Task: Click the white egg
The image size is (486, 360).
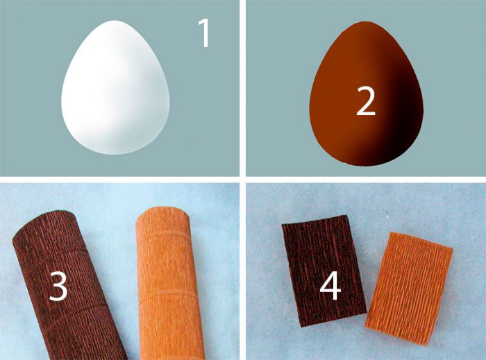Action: click(x=115, y=87)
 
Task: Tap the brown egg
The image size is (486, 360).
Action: click(x=367, y=94)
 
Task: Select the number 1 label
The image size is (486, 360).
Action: click(x=205, y=33)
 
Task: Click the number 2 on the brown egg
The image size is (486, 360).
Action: click(x=366, y=101)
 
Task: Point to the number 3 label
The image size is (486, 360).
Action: click(x=58, y=286)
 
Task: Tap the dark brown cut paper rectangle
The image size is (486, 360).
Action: click(x=324, y=271)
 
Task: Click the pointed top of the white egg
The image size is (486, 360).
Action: click(x=115, y=21)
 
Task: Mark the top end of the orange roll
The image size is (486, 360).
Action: click(x=162, y=213)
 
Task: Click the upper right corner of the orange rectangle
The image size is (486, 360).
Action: click(x=453, y=248)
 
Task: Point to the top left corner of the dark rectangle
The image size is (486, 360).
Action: click(x=282, y=225)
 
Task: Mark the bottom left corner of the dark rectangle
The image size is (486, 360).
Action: click(x=301, y=327)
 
